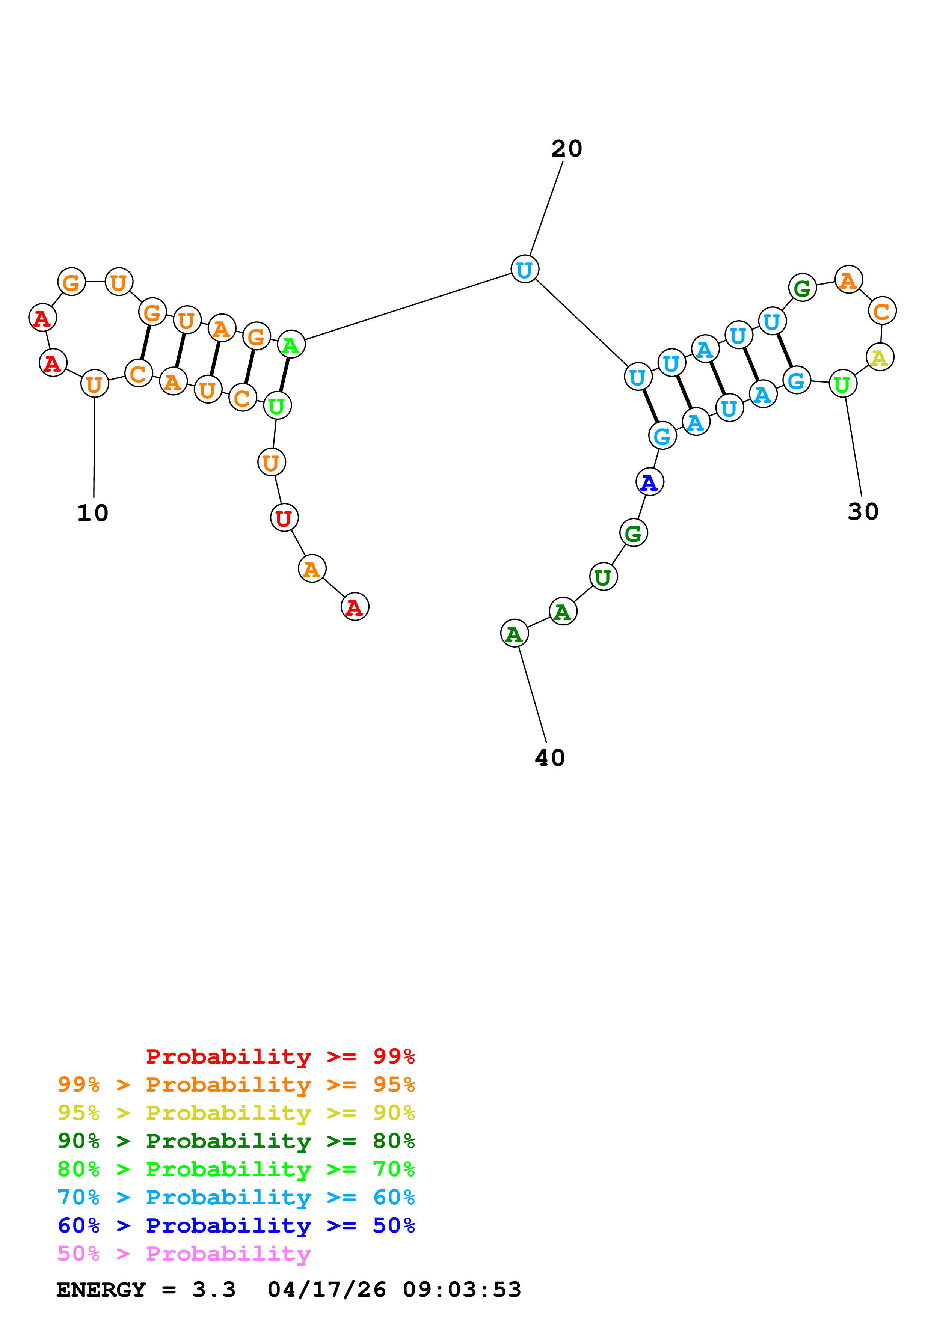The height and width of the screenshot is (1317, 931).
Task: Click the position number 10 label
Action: click(x=93, y=513)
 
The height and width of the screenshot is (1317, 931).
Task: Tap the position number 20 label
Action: click(x=566, y=149)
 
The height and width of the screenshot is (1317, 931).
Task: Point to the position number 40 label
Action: click(x=549, y=758)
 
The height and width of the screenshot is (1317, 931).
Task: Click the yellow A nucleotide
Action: click(x=880, y=357)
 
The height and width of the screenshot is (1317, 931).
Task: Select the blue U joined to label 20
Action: click(x=524, y=269)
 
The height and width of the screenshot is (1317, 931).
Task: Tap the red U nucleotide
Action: click(x=284, y=518)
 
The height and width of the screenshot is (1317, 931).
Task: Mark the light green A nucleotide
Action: click(x=291, y=345)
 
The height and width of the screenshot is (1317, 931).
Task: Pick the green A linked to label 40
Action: click(x=514, y=633)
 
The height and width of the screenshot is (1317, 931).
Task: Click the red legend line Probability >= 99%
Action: click(x=280, y=1056)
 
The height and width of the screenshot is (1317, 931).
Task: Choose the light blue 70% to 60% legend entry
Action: click(x=236, y=1197)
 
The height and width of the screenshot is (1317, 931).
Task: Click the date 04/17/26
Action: click(x=327, y=1290)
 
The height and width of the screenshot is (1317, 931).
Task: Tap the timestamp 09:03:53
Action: click(x=462, y=1290)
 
